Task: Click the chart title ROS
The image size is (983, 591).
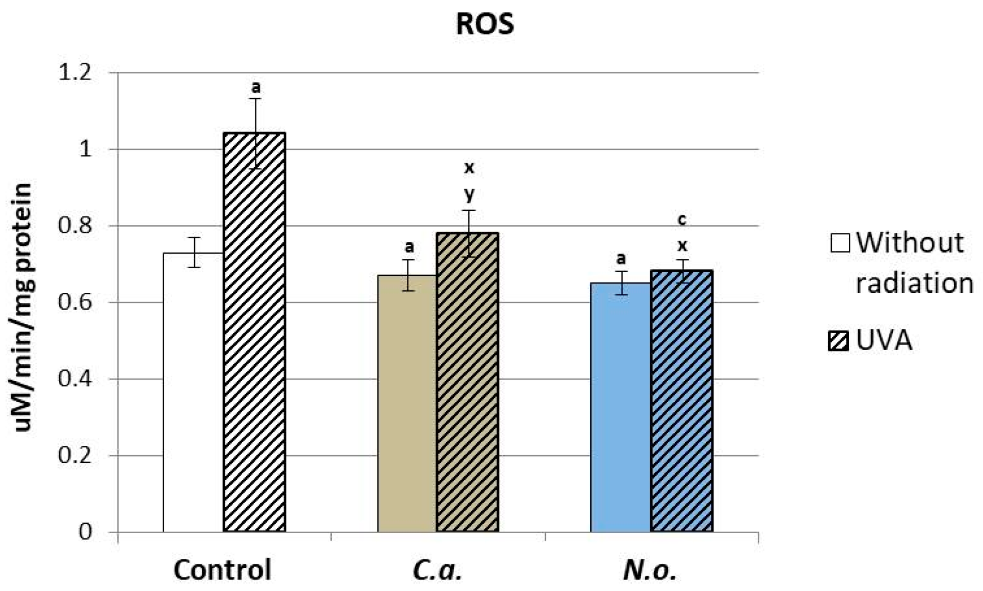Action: (484, 25)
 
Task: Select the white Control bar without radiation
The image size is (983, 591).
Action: (193, 393)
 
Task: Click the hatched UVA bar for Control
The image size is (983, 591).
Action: (254, 333)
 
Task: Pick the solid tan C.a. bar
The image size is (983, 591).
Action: (407, 403)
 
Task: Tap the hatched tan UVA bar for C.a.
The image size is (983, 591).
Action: (467, 382)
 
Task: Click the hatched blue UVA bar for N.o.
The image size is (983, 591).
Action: (681, 401)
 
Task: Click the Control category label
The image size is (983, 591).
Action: (223, 570)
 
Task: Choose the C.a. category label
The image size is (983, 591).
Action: (437, 570)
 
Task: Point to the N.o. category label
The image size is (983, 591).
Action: (649, 570)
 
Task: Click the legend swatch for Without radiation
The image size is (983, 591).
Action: (840, 243)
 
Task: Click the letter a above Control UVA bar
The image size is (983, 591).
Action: (255, 87)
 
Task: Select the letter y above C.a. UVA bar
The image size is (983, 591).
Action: (469, 194)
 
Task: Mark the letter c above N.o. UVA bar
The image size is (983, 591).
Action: (681, 220)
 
